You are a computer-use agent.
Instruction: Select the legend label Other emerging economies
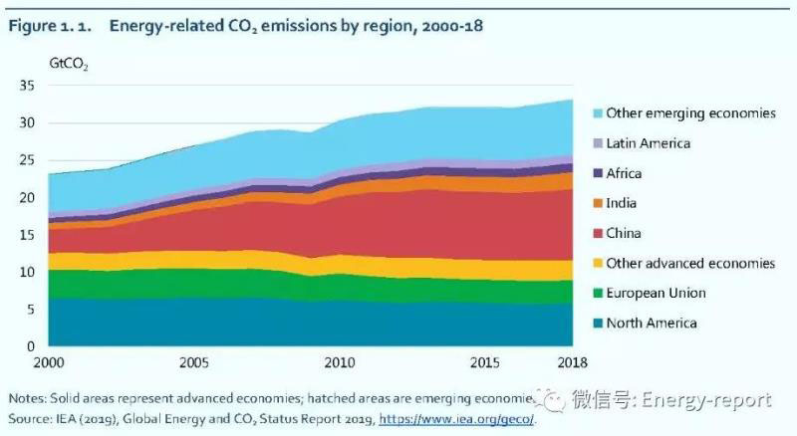click(x=690, y=113)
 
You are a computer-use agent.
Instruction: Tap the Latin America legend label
click(x=649, y=143)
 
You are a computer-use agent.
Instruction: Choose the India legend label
click(x=623, y=203)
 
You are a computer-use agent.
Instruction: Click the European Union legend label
click(x=656, y=293)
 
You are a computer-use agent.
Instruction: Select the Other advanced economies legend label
click(x=690, y=263)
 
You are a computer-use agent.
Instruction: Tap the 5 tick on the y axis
click(x=30, y=309)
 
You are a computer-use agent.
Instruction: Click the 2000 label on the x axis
click(x=47, y=361)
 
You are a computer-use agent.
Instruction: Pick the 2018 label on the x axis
click(x=572, y=361)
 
